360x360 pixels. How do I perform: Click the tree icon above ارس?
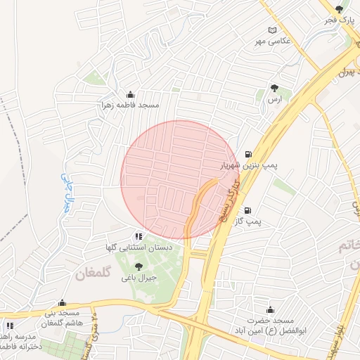coord(274,89)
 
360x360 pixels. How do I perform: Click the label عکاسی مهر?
coord(272,41)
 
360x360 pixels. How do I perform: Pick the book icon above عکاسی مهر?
coord(272,30)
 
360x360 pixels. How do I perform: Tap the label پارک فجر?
coord(339,20)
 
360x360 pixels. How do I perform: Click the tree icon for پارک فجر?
coord(340,9)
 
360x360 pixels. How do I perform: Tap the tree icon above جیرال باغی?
coord(138,266)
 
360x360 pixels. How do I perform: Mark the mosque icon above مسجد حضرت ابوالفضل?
coord(270,309)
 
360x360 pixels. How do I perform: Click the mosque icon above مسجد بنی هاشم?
coord(62,303)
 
